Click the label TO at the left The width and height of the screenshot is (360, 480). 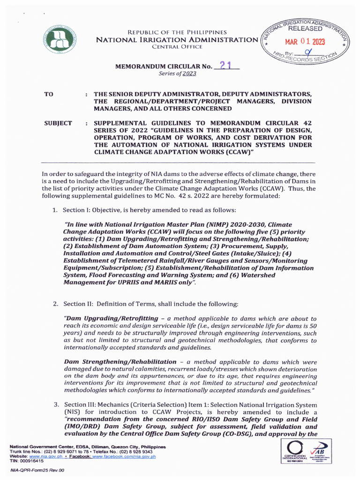[x=49, y=95]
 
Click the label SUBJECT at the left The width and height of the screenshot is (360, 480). [x=58, y=123]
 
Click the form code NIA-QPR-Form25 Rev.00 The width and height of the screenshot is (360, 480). [x=37, y=470]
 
